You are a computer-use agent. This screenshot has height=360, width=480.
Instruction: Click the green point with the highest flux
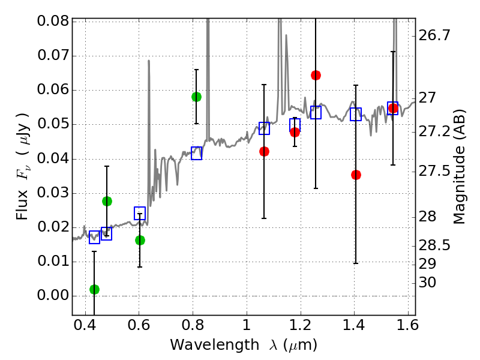click(x=196, y=97)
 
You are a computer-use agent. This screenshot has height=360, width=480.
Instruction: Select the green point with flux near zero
click(x=94, y=289)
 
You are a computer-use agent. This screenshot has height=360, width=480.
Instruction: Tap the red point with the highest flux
click(x=316, y=75)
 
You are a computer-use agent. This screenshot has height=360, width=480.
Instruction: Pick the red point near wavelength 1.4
click(x=356, y=175)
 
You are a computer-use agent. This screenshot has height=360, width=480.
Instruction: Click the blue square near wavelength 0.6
click(x=140, y=213)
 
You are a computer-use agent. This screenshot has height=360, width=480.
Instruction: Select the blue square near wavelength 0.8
click(x=196, y=153)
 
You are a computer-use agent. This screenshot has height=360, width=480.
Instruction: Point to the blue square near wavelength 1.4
click(x=356, y=114)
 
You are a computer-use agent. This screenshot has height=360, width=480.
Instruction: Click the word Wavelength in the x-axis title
click(x=205, y=345)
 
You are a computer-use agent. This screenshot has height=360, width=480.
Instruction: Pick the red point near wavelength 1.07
click(x=264, y=151)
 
